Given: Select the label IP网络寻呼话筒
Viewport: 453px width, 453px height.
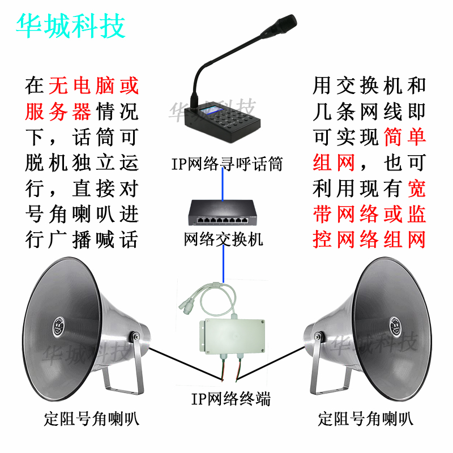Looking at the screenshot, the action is [226, 164].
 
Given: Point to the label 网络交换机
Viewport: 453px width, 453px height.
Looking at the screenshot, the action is [224, 240].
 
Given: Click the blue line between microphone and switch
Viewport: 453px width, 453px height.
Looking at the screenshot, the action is [223, 184].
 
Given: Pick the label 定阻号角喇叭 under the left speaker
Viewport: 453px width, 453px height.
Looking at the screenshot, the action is [91, 420].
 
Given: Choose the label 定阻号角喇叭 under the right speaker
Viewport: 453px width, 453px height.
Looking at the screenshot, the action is [365, 420].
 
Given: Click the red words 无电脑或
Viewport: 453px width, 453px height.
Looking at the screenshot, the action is [93, 86].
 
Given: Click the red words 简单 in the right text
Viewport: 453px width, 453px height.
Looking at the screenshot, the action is [404, 137].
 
